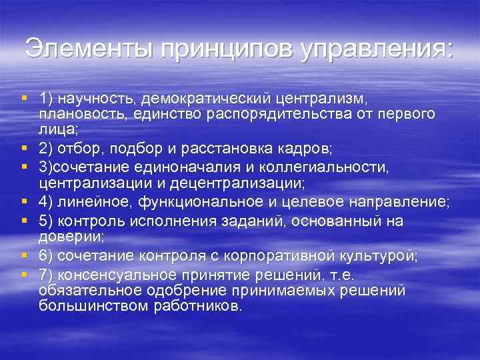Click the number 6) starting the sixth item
47,256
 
